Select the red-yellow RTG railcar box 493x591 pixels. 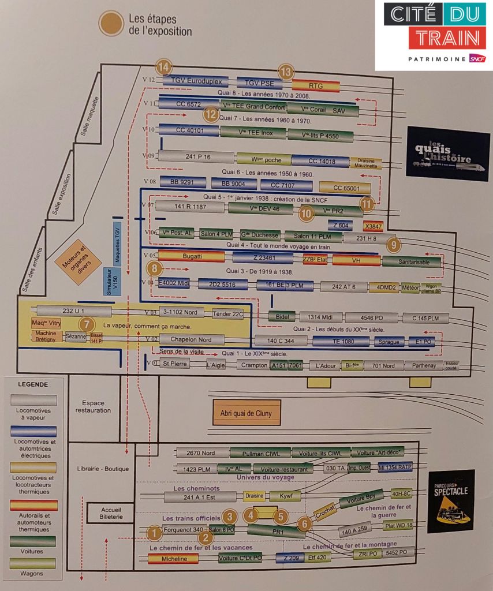pyautogui.click(x=316, y=86)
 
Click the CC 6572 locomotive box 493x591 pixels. pyautogui.click(x=188, y=104)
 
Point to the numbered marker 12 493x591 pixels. pyautogui.click(x=211, y=115)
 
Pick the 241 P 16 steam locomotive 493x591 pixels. pyautogui.click(x=197, y=156)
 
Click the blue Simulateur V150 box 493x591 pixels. pyautogui.click(x=113, y=283)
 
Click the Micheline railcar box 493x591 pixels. pyautogui.click(x=173, y=559)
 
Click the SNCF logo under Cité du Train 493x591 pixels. pyautogui.click(x=476, y=59)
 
